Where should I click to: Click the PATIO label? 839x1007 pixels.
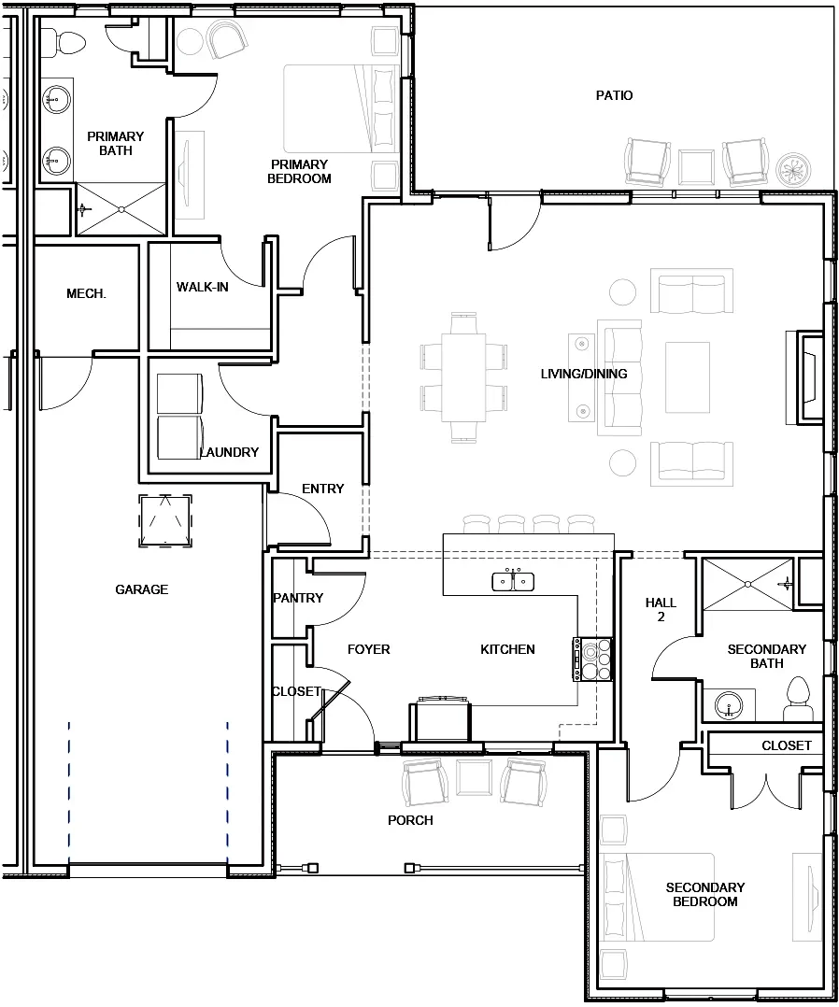tap(614, 95)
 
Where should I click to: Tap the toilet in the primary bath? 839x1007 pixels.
tap(68, 40)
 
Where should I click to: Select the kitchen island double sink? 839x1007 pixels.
tap(513, 581)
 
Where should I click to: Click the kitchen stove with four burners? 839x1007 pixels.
tap(593, 660)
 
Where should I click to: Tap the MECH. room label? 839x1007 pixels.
tap(86, 293)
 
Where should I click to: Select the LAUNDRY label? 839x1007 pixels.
tap(230, 452)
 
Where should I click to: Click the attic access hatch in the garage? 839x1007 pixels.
tap(165, 520)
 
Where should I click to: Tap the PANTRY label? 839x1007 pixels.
tap(297, 598)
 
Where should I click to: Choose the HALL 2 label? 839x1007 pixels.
tap(661, 609)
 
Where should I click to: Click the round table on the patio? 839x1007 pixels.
tap(793, 169)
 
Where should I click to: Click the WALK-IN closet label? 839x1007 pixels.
tap(202, 287)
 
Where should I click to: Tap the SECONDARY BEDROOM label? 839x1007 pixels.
tap(704, 894)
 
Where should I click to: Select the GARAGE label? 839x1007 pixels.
tap(142, 589)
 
